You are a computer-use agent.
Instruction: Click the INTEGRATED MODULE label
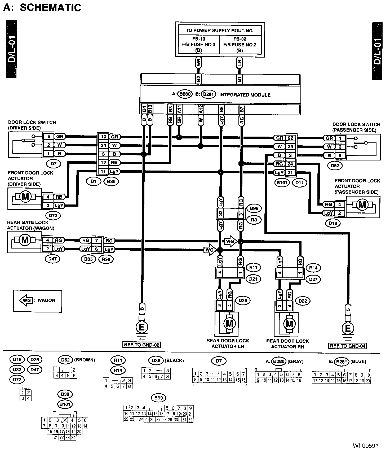tap(245, 95)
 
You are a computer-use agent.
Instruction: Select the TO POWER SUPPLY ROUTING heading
tap(219, 31)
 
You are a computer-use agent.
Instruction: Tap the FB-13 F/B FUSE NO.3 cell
tap(199, 44)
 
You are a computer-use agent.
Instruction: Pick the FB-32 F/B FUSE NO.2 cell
tap(240, 44)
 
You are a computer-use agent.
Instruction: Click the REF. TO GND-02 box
tap(142, 345)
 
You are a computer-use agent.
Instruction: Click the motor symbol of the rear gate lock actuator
tap(25, 240)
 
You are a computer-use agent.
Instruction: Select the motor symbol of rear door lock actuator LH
tap(229, 323)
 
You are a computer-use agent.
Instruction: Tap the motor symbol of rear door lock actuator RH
tap(289, 324)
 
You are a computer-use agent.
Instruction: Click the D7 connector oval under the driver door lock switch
tap(54, 164)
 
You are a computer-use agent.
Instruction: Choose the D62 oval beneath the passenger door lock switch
tap(335, 166)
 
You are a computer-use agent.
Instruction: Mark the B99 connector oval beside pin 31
tap(254, 208)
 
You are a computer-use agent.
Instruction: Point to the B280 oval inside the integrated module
tap(185, 95)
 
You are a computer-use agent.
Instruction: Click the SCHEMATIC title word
tap(50, 7)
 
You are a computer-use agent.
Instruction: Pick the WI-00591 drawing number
tap(365, 446)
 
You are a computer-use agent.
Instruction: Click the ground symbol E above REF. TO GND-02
tap(142, 327)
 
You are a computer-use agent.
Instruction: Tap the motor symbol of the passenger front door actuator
tap(362, 204)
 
